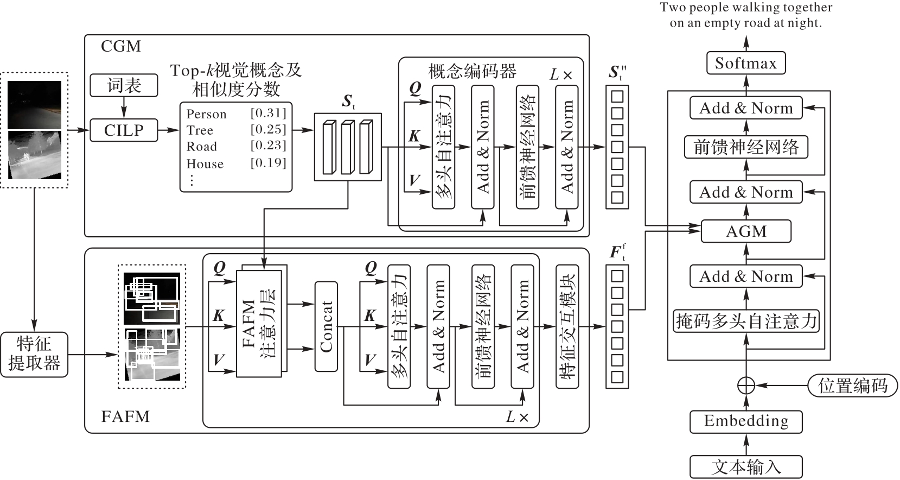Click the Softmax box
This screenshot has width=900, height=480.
click(x=746, y=62)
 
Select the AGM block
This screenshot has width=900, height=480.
click(x=746, y=231)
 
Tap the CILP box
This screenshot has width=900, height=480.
click(x=124, y=130)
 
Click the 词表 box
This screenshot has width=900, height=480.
click(x=124, y=85)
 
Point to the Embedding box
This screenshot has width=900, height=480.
click(x=746, y=422)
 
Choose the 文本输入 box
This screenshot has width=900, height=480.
click(x=746, y=467)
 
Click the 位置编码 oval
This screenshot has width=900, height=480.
click(x=853, y=386)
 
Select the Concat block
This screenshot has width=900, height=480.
click(x=326, y=326)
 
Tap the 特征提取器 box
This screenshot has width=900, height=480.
click(x=34, y=355)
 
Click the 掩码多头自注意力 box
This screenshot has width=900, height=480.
click(x=746, y=321)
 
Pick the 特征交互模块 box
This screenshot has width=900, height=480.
click(x=567, y=326)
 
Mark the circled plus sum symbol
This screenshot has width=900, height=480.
click(x=746, y=386)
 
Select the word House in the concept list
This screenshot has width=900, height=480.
click(x=205, y=163)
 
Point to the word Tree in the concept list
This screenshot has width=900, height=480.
click(x=200, y=130)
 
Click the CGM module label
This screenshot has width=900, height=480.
click(x=121, y=46)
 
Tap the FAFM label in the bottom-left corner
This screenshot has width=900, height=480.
click(x=125, y=416)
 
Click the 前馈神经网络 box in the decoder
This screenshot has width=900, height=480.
click(x=746, y=147)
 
